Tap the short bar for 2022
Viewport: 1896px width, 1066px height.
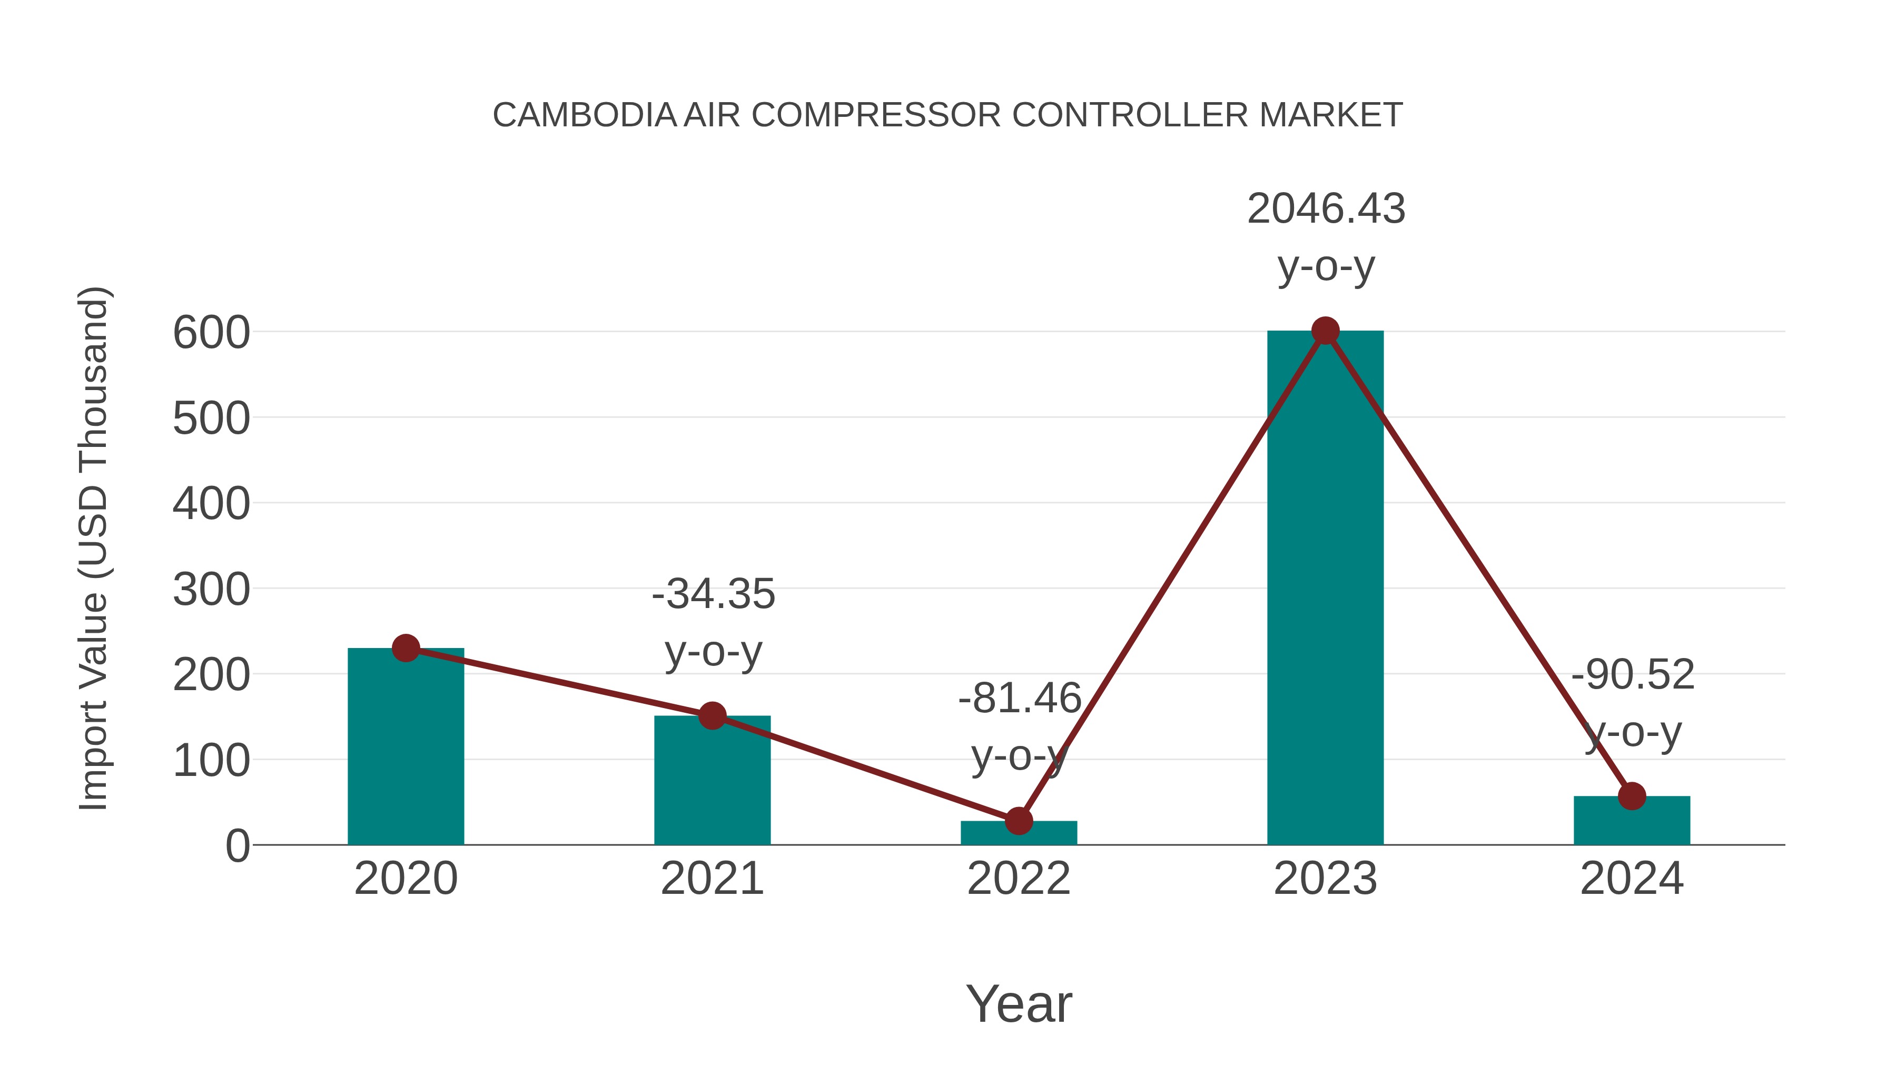coord(1019,833)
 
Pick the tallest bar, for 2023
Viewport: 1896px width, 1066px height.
coord(1325,589)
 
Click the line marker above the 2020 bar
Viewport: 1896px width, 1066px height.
coord(406,648)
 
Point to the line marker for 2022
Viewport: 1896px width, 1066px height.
coord(1019,820)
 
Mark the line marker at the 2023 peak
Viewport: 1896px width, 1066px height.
coord(1325,331)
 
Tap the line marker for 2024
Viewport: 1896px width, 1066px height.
coord(1632,796)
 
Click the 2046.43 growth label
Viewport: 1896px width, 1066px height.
coord(1326,209)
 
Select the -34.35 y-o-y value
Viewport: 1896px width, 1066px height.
coord(713,594)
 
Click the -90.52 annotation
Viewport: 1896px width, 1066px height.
coord(1633,675)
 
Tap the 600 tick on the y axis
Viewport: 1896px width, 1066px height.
coord(211,333)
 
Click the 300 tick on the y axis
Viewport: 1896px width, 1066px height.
coord(211,590)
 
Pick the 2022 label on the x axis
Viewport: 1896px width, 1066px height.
coord(1019,879)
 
